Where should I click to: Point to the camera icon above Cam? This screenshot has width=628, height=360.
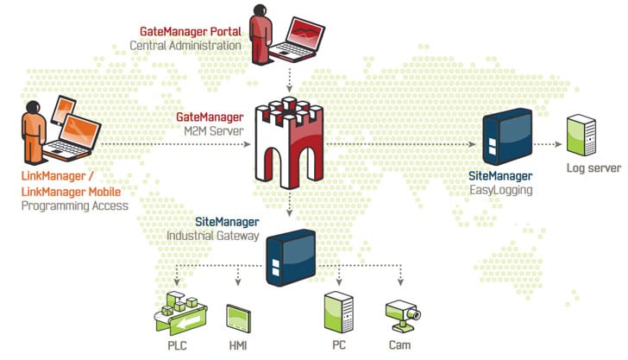point(401,313)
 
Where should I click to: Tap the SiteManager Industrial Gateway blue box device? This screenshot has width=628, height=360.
point(290,256)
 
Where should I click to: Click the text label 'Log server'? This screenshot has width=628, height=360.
point(592,167)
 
